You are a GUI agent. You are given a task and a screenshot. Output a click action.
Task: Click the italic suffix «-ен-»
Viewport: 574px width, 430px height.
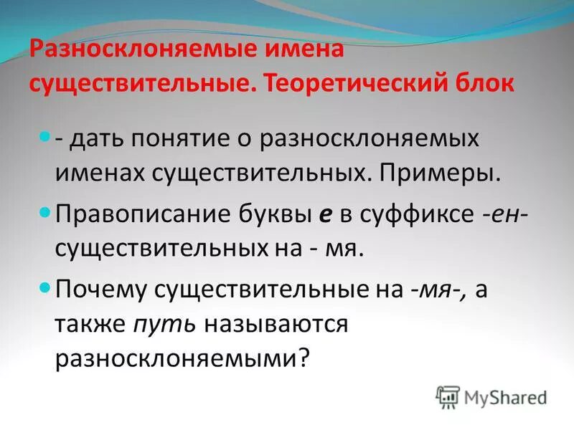coord(502,214)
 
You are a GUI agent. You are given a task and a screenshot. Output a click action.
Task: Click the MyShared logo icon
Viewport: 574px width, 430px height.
coord(448,396)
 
